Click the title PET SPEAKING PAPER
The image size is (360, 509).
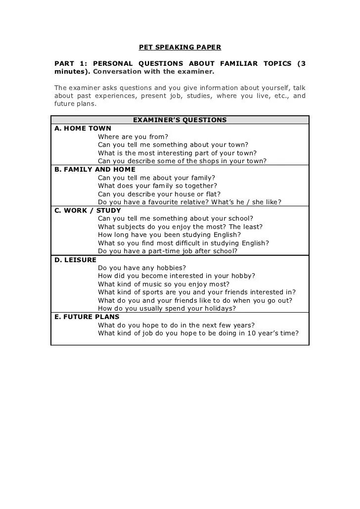tap(180, 47)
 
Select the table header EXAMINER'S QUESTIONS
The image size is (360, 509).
tap(180, 120)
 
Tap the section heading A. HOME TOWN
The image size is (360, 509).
tap(83, 129)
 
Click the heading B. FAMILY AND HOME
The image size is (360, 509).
tap(94, 170)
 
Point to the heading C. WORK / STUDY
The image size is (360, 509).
tap(88, 211)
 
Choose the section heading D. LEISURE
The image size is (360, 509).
tap(75, 260)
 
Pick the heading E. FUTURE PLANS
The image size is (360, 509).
tap(87, 317)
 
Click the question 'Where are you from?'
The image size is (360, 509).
tap(133, 137)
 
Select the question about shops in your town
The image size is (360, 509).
tap(182, 161)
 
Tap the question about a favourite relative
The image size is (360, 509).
tap(189, 202)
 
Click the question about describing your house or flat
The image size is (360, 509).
tap(159, 194)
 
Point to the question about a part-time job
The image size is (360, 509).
tap(168, 251)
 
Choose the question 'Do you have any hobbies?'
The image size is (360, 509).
tap(142, 268)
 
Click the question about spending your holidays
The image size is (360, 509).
tap(167, 309)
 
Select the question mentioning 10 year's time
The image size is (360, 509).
tap(198, 333)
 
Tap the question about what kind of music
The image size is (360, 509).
tap(164, 284)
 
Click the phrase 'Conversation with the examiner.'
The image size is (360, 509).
tap(154, 72)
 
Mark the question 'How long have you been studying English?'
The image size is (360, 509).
tap(170, 235)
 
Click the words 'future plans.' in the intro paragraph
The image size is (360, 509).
tap(75, 104)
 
